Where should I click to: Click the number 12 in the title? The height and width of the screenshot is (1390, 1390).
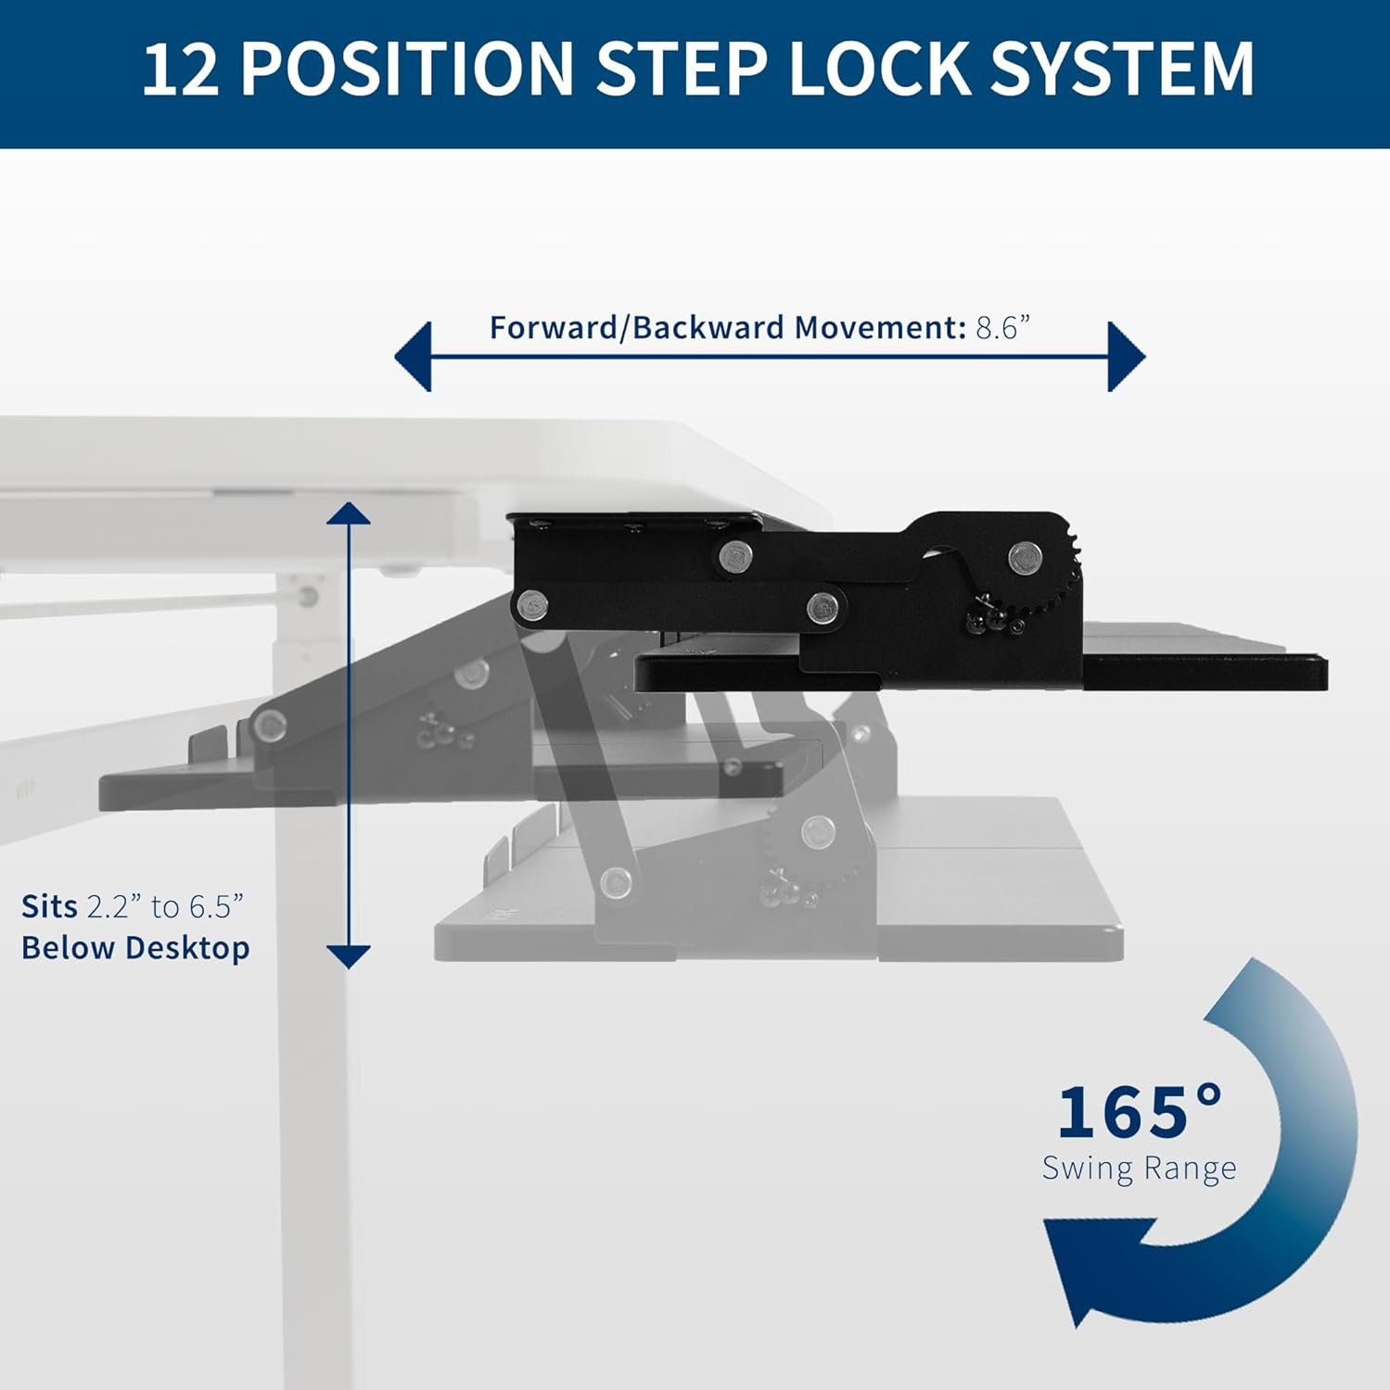click(x=181, y=69)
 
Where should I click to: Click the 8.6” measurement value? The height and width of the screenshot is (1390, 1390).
click(x=1003, y=328)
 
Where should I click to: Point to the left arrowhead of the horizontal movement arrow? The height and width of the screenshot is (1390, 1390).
click(x=414, y=357)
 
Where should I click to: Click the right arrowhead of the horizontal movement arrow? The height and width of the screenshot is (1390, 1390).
click(x=1127, y=357)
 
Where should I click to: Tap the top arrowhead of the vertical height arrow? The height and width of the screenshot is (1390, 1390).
click(x=349, y=513)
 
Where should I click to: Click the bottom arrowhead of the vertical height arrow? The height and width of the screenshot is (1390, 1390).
click(x=349, y=955)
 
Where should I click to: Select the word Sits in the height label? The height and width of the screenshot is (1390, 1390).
click(x=49, y=906)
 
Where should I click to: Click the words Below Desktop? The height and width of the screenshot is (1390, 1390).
click(x=135, y=948)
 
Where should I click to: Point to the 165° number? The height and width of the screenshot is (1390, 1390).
click(x=1140, y=1112)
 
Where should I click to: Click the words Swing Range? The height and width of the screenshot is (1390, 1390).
click(x=1139, y=1168)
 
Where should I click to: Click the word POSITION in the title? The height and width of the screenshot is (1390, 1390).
click(x=409, y=69)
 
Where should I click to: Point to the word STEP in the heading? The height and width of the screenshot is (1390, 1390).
click(x=681, y=69)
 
